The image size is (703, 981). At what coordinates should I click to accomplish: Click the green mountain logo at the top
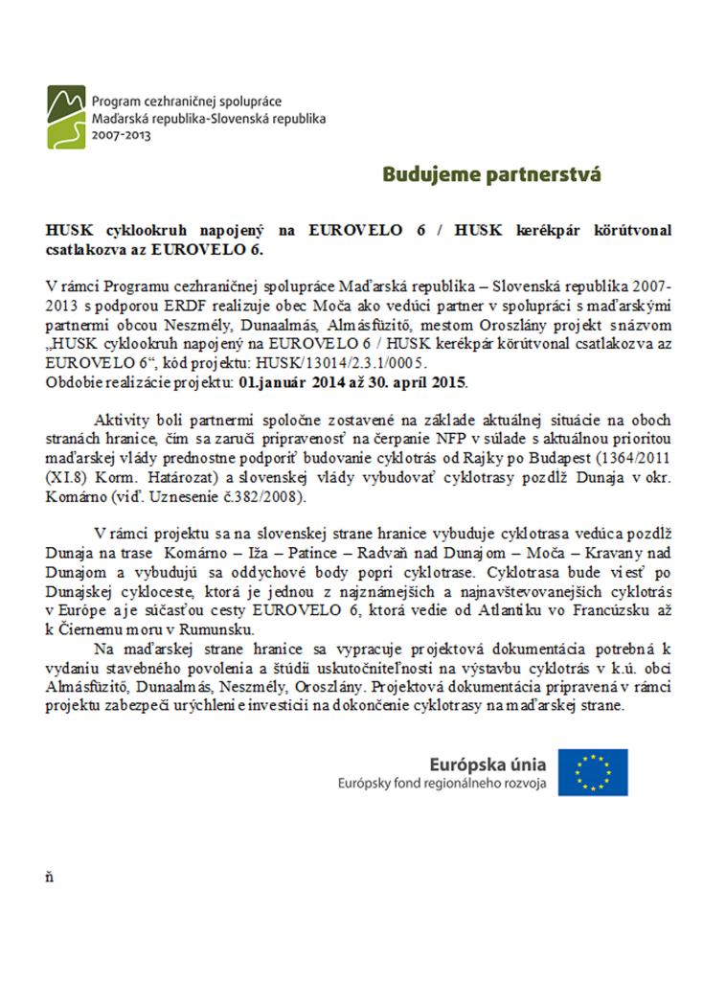(x=66, y=116)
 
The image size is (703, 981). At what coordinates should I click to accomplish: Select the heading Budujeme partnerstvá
(x=491, y=175)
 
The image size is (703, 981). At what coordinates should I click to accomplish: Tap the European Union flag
(x=593, y=771)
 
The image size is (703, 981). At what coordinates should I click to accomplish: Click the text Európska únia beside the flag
(x=488, y=764)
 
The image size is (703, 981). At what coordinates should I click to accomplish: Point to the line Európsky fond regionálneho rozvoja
(x=442, y=784)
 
